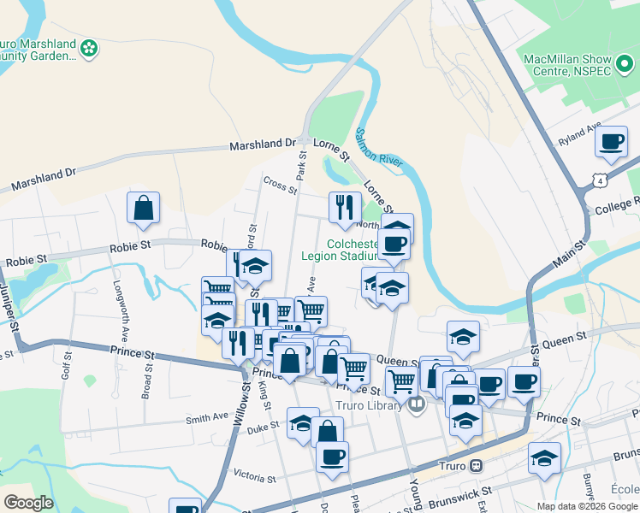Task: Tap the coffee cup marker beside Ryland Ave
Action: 612,144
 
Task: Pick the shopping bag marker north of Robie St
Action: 143,209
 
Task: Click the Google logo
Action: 28,503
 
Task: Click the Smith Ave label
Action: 208,419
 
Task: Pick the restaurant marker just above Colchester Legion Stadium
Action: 344,208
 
